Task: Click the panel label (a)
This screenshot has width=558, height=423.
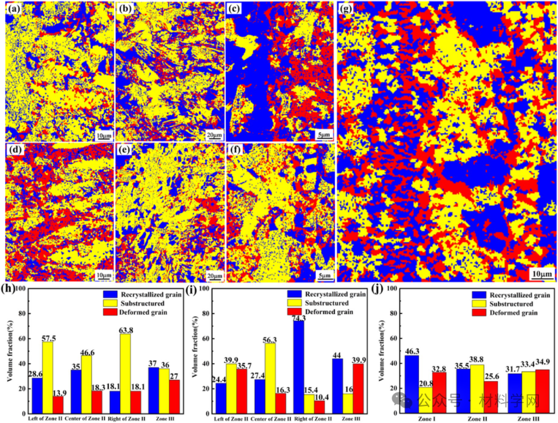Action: coord(12,9)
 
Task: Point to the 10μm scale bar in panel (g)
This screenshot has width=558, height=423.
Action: coord(541,272)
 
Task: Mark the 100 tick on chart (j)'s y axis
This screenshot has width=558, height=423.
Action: coord(392,289)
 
